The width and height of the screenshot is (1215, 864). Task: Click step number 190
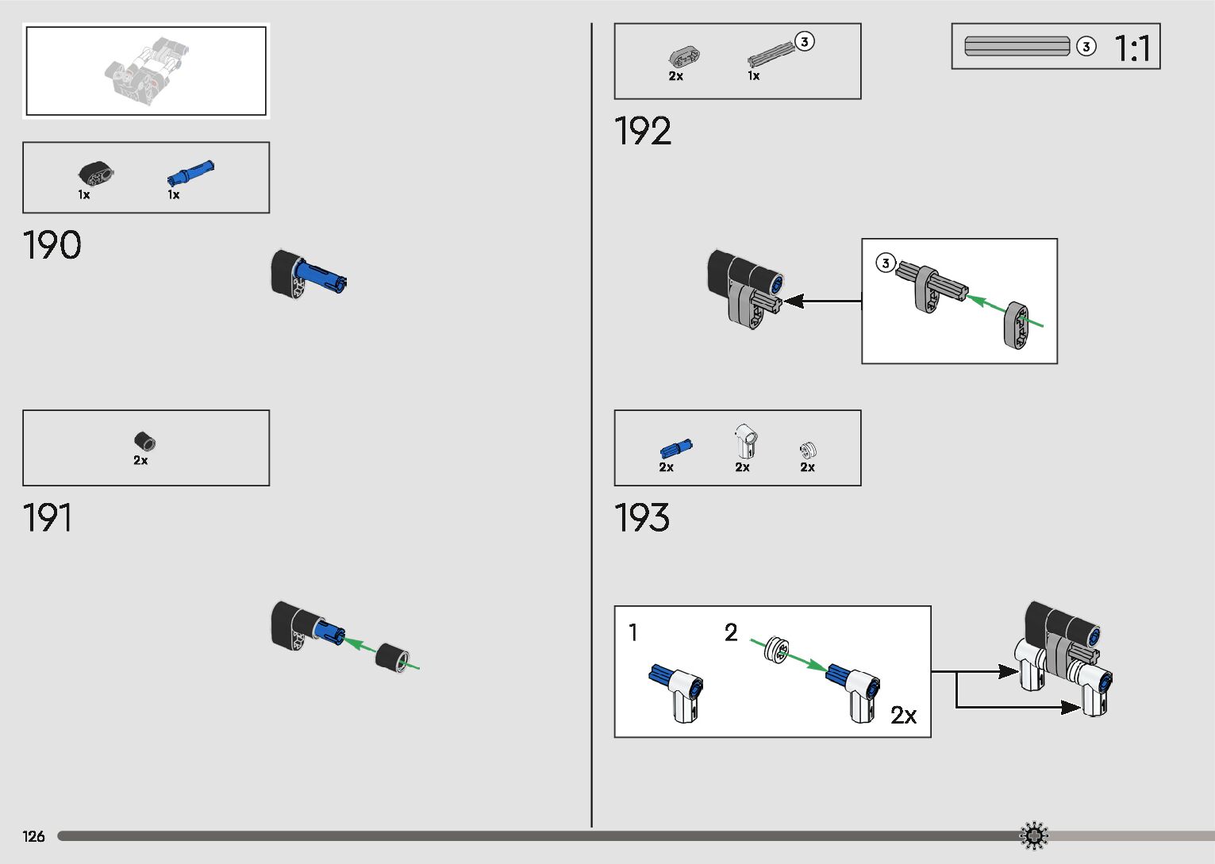pyautogui.click(x=52, y=245)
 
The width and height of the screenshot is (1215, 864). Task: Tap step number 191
pyautogui.click(x=48, y=518)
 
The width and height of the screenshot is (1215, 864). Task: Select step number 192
pyautogui.click(x=643, y=131)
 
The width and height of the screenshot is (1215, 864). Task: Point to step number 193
pyautogui.click(x=642, y=518)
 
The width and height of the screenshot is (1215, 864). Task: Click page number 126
pyautogui.click(x=33, y=836)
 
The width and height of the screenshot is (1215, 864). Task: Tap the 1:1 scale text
pyautogui.click(x=1132, y=48)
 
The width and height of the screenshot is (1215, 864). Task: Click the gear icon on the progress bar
pyautogui.click(x=1033, y=835)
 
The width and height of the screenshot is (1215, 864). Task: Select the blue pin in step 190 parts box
pyautogui.click(x=190, y=171)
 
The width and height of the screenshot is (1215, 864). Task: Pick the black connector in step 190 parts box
pyautogui.click(x=96, y=172)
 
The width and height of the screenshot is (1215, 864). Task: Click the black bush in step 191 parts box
pyautogui.click(x=144, y=441)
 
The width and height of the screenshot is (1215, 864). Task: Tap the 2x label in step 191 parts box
pyautogui.click(x=140, y=460)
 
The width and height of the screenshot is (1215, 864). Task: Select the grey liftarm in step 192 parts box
pyautogui.click(x=683, y=56)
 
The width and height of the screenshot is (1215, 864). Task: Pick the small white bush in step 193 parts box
pyautogui.click(x=808, y=451)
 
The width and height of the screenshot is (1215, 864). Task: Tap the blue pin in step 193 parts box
pyautogui.click(x=675, y=449)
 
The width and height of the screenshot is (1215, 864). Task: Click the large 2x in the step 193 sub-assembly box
pyautogui.click(x=903, y=716)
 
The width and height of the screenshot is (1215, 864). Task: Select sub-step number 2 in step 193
pyautogui.click(x=731, y=632)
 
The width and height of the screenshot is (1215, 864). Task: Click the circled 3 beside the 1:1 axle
pyautogui.click(x=1086, y=47)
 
